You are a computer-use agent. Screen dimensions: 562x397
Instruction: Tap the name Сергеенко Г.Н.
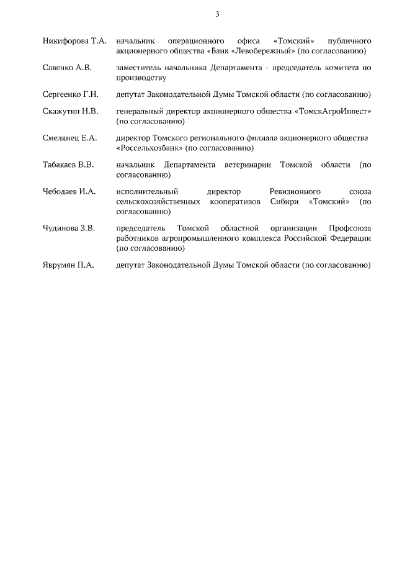pos(70,94)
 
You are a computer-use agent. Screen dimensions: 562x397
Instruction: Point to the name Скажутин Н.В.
pos(70,111)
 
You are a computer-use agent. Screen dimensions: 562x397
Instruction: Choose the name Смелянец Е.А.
pos(69,138)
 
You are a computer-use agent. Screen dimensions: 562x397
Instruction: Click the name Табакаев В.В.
pos(69,165)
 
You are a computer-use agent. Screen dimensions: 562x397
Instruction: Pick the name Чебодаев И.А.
pos(69,192)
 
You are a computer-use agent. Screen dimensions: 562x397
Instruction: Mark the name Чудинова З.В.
pos(69,229)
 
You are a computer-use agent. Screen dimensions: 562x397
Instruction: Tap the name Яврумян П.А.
pos(68,265)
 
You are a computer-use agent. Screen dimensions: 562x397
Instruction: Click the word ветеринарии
pos(248,165)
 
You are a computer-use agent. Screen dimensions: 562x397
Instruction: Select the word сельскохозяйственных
pos(158,202)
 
